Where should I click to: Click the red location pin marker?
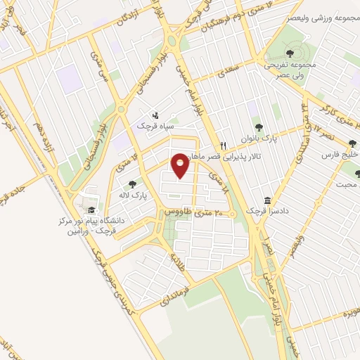tap(181, 167)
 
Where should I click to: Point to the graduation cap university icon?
tap(90, 210)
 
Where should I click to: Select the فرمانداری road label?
tap(162, 295)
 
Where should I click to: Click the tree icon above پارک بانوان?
tap(259, 127)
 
